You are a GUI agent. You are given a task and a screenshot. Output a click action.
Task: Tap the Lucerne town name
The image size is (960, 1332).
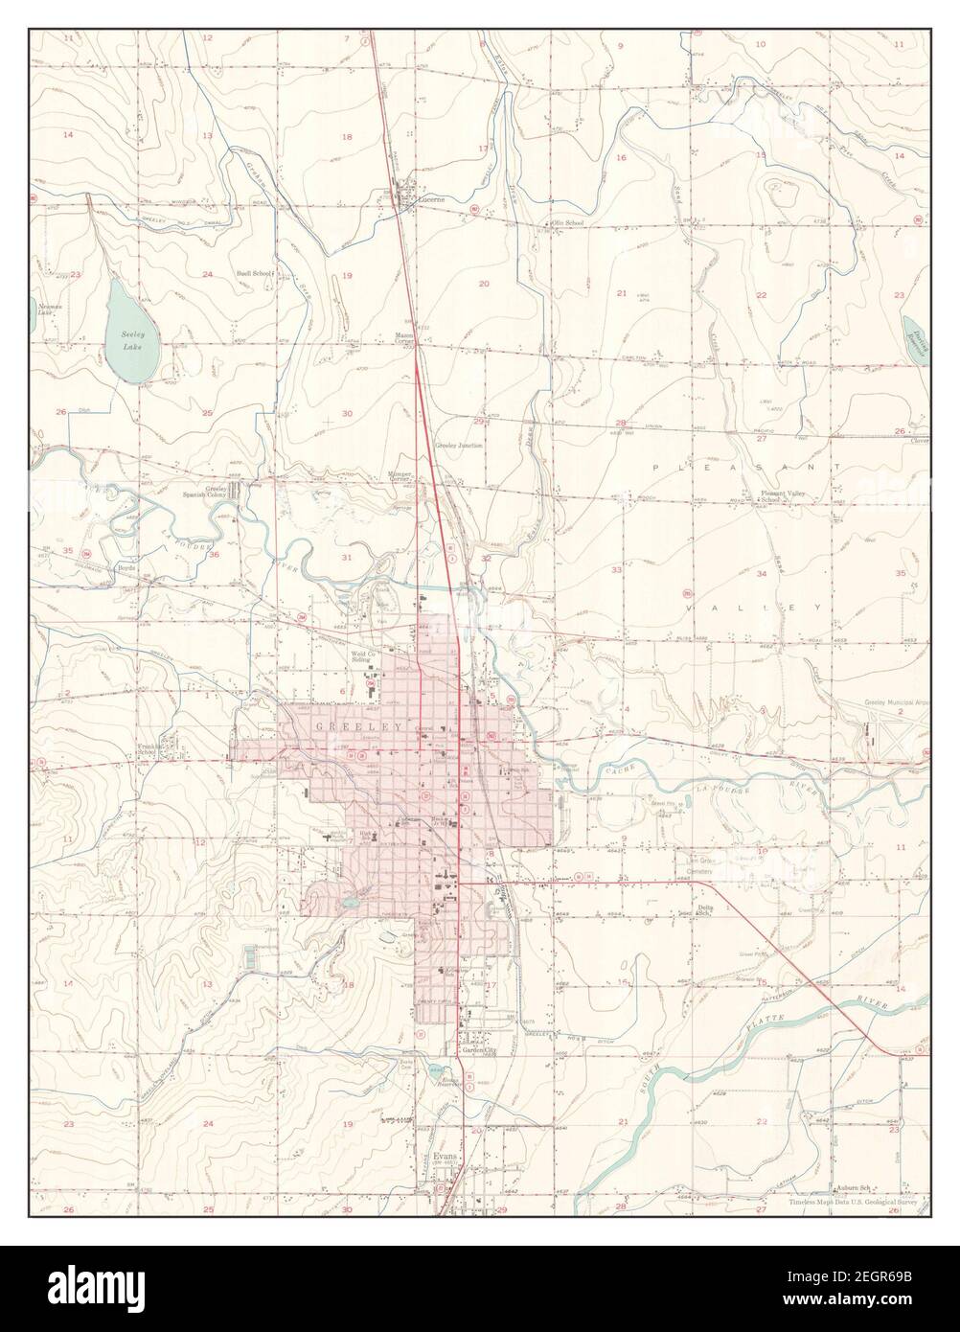[430, 201]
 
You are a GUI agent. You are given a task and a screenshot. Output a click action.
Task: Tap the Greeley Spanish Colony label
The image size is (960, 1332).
[206, 493]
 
